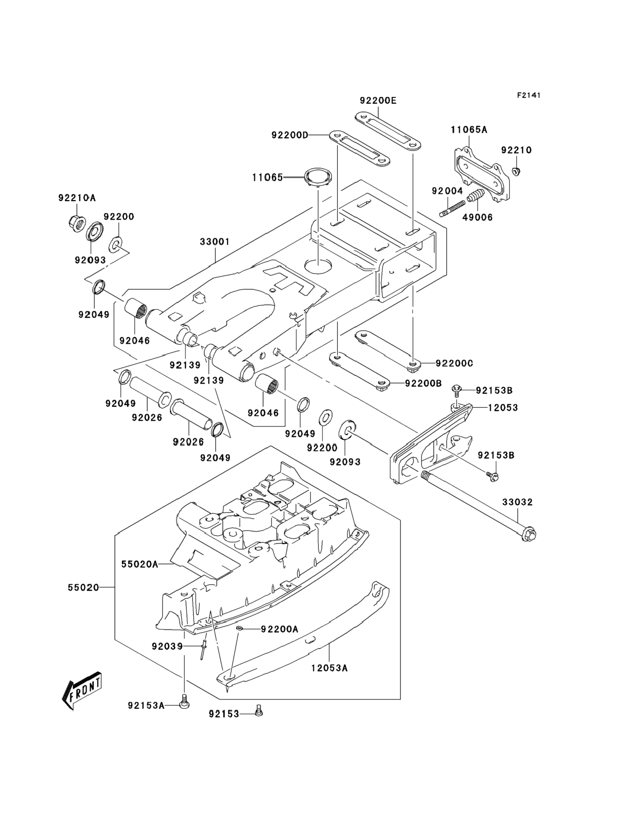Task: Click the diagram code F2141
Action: pyautogui.click(x=529, y=95)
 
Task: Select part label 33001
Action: pyautogui.click(x=215, y=242)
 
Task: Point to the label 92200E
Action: pyautogui.click(x=378, y=101)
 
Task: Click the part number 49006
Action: pyautogui.click(x=478, y=217)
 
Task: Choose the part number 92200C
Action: pyautogui.click(x=454, y=363)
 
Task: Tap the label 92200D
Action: pyautogui.click(x=290, y=135)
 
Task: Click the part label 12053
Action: pyautogui.click(x=503, y=408)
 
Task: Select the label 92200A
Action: pyautogui.click(x=280, y=629)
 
